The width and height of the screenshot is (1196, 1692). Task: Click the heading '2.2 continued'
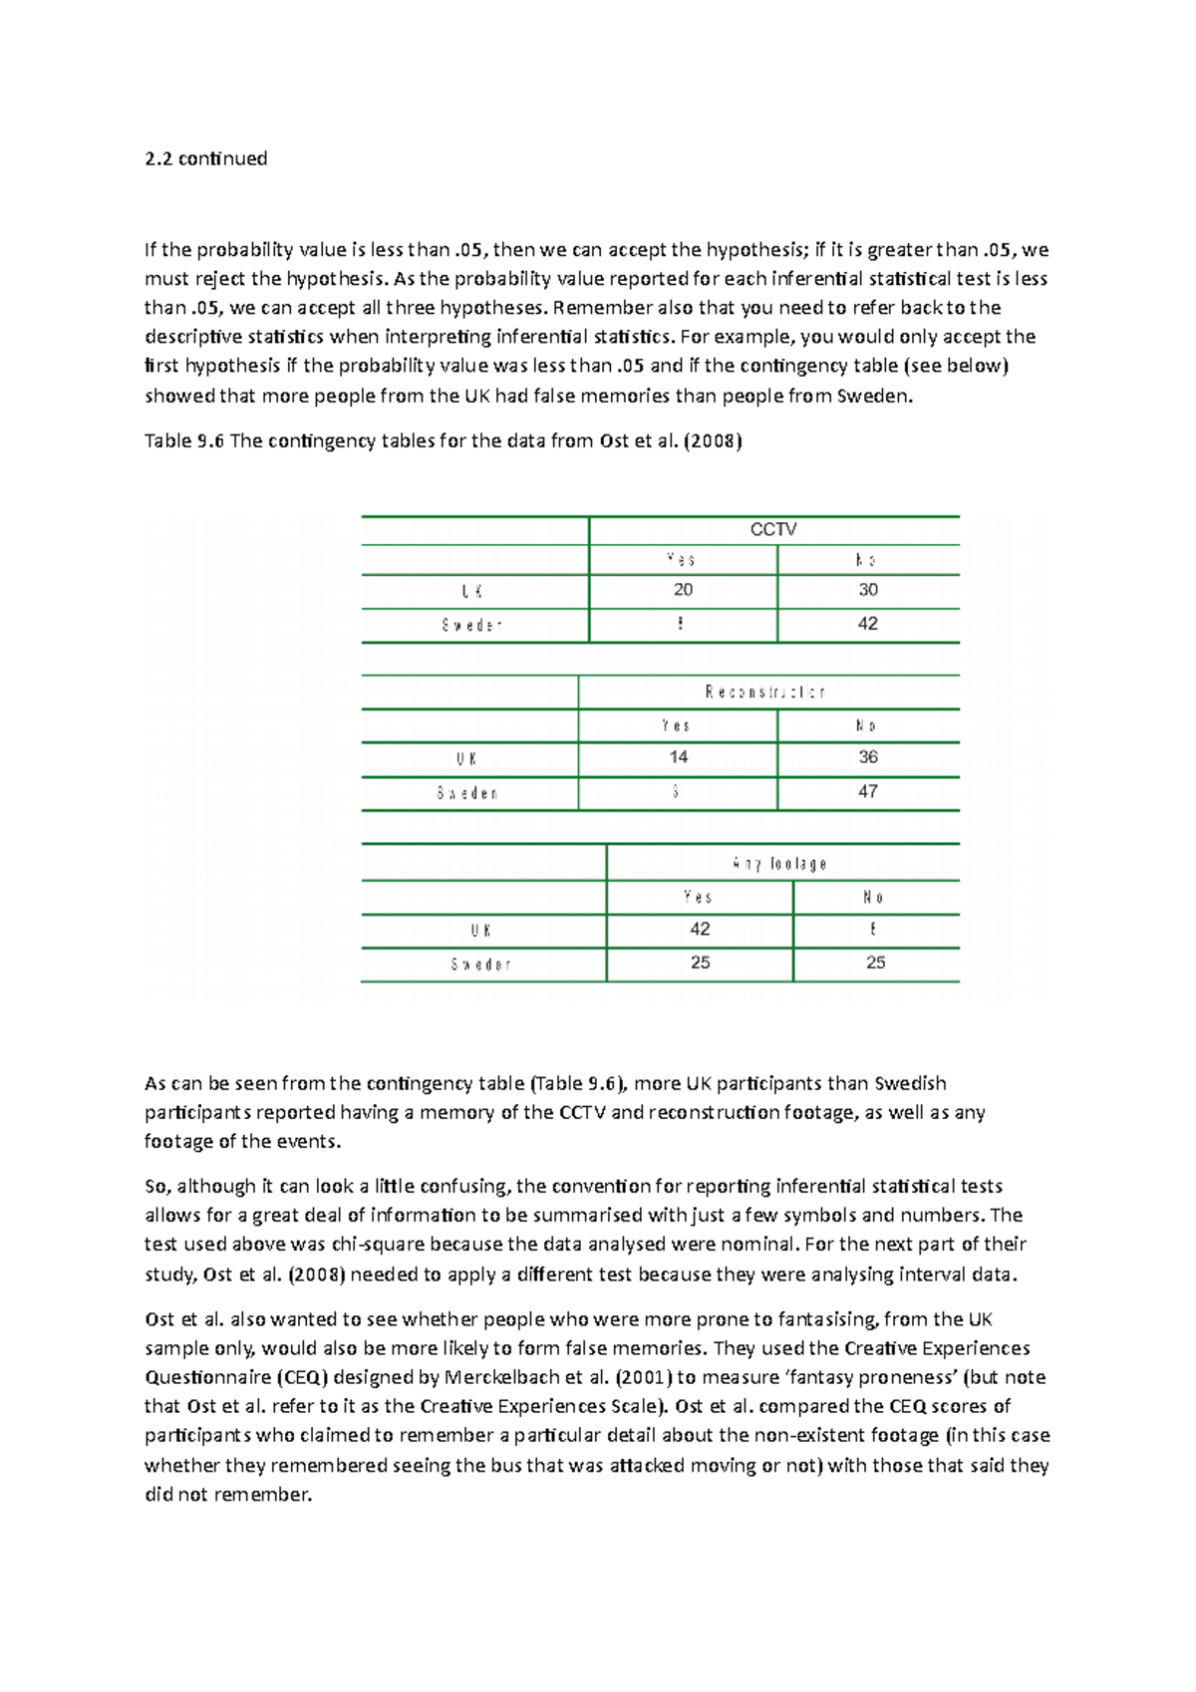click(205, 158)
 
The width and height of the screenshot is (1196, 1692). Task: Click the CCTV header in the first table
click(772, 529)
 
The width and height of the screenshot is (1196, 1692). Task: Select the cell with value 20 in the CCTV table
click(683, 590)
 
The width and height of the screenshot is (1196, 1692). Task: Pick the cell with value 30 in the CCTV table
click(868, 590)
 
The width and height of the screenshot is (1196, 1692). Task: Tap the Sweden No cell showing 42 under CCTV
click(868, 624)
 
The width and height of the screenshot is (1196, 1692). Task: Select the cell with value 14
click(679, 757)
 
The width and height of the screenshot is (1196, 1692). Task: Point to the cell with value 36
click(868, 757)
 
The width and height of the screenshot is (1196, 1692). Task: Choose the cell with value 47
click(868, 791)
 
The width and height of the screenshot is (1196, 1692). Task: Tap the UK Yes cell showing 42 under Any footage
click(701, 929)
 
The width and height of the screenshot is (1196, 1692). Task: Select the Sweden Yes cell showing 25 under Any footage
click(701, 963)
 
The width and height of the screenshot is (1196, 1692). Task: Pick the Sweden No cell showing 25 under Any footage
click(875, 963)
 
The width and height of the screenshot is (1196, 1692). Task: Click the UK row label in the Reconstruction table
click(467, 758)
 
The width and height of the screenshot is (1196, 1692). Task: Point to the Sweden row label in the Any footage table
click(481, 965)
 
